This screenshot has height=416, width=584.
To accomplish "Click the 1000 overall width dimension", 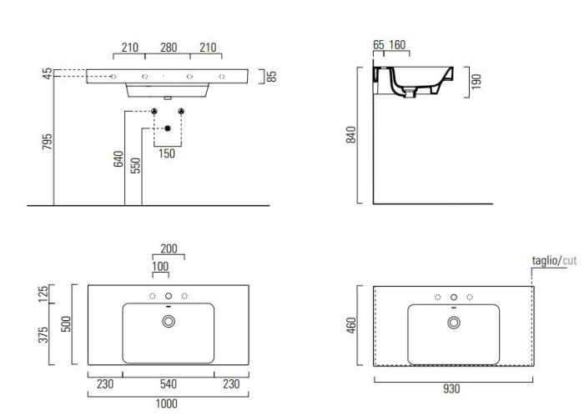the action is [167, 403].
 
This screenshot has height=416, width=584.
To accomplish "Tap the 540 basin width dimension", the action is [169, 384].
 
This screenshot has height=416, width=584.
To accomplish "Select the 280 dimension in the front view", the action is [169, 48].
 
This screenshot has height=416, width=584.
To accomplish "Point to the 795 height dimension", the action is [48, 142].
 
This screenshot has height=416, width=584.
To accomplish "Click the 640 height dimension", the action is [118, 159].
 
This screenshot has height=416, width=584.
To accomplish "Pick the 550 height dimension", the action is [135, 166].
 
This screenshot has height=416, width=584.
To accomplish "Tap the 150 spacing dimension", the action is [167, 153].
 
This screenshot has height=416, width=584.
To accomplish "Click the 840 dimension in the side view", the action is [351, 135].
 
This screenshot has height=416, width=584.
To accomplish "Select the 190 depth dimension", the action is [476, 82].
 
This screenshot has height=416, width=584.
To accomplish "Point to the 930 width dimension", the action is [451, 389].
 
